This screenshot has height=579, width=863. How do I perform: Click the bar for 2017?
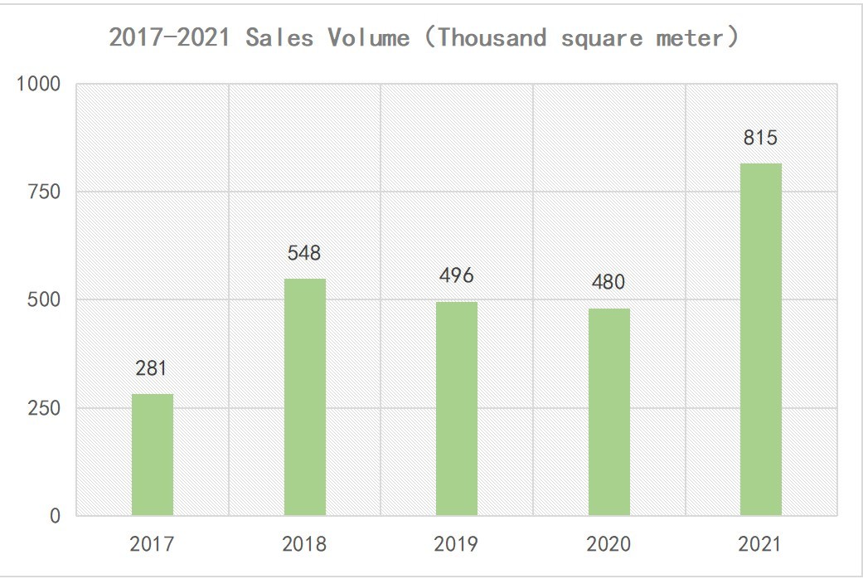click(x=153, y=455)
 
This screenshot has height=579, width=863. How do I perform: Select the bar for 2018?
click(x=304, y=397)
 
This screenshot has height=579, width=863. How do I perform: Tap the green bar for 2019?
click(x=457, y=408)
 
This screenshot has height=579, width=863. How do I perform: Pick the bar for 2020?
click(x=608, y=411)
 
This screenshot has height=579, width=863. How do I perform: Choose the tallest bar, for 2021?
click(x=760, y=339)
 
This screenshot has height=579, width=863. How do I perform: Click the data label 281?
click(x=153, y=368)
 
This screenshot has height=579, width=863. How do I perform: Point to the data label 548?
click(x=304, y=253)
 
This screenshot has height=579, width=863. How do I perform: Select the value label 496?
click(x=457, y=275)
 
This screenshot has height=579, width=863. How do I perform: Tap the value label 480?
click(x=608, y=282)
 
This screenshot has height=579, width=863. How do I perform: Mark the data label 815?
click(x=760, y=138)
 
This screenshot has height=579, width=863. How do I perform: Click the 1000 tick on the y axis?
click(x=39, y=84)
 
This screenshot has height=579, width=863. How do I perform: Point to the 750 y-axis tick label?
click(x=44, y=192)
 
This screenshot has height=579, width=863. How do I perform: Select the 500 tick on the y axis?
click(x=44, y=299)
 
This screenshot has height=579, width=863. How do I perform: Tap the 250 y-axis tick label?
click(x=44, y=408)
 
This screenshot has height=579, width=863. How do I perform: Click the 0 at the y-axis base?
click(x=54, y=516)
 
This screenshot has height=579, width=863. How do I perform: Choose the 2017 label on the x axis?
click(x=153, y=544)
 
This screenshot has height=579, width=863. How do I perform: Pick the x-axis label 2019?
click(x=457, y=544)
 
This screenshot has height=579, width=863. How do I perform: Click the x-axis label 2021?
click(x=760, y=544)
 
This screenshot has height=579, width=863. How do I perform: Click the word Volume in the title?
click(x=367, y=38)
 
